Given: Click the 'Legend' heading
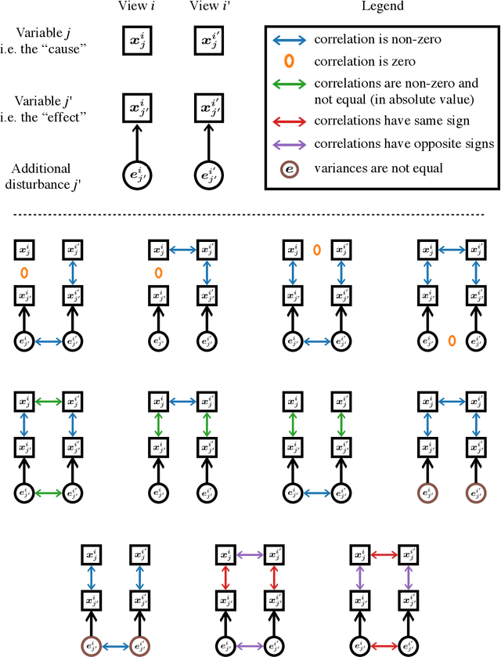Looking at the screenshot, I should pos(383,7).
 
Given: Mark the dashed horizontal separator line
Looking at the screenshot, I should pos(250,214).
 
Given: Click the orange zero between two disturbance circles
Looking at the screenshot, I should pos(452,340).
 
